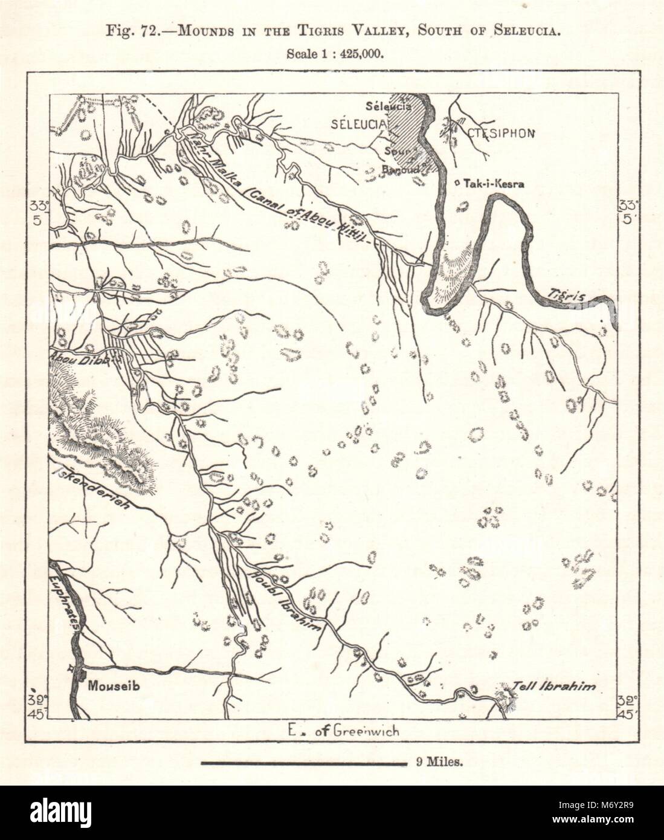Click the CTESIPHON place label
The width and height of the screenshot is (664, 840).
[500, 134]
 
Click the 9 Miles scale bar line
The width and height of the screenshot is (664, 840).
[303, 764]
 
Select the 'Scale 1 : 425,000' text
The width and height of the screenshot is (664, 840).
[332, 53]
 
